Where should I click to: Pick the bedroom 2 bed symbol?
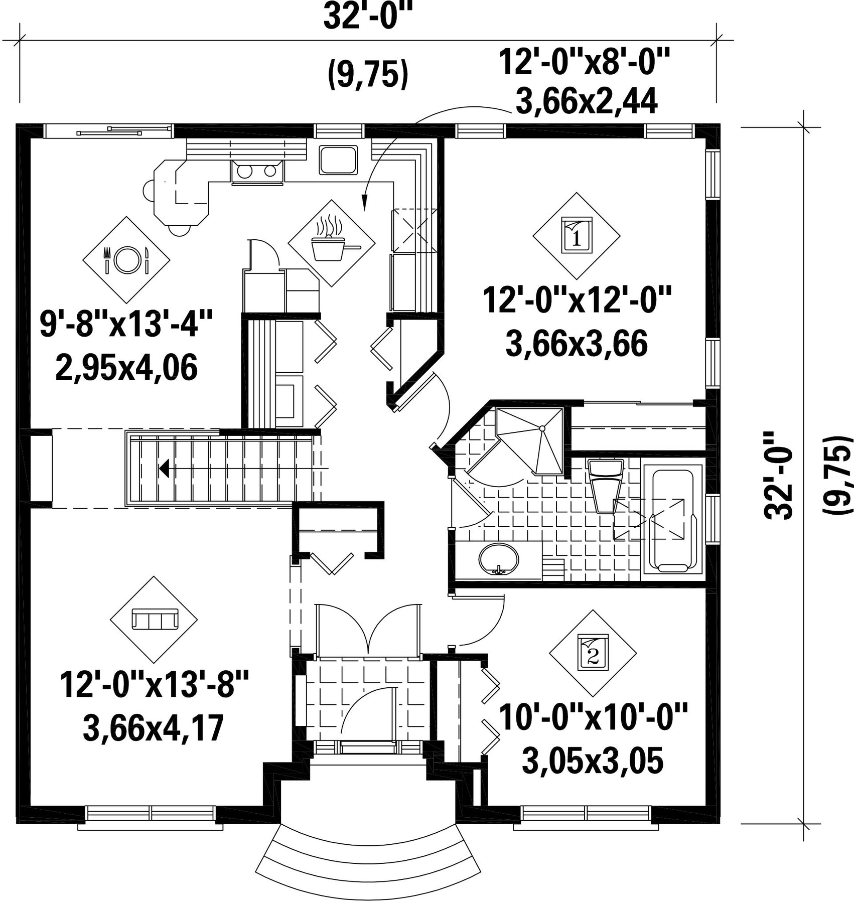point(593,652)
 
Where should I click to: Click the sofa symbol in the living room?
point(154,619)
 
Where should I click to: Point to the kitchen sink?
point(338,161)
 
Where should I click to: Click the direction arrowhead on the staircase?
point(164,469)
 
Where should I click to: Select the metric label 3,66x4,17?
point(153,729)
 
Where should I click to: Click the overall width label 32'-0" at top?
point(364,17)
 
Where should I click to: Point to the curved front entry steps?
point(368,857)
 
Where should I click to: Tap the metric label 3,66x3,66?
point(577,345)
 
